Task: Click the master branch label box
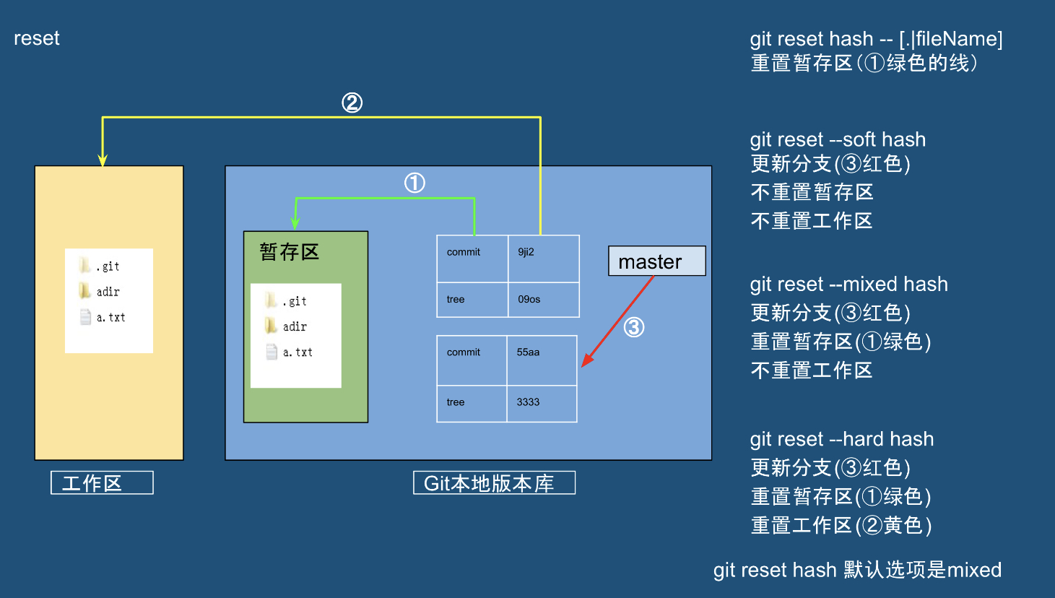[656, 261]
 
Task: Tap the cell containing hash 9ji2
[543, 258]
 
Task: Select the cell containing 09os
[543, 299]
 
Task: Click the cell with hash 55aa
[542, 360]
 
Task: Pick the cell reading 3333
[542, 403]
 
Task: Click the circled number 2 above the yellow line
[352, 103]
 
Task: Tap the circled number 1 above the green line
[414, 183]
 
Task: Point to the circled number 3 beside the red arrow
[633, 327]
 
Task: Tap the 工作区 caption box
[102, 482]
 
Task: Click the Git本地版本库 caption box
[494, 482]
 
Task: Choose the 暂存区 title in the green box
[289, 252]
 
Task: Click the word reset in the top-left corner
[37, 38]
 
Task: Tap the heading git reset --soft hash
[838, 139]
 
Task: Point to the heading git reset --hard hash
[841, 439]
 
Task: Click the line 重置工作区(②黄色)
[841, 525]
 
